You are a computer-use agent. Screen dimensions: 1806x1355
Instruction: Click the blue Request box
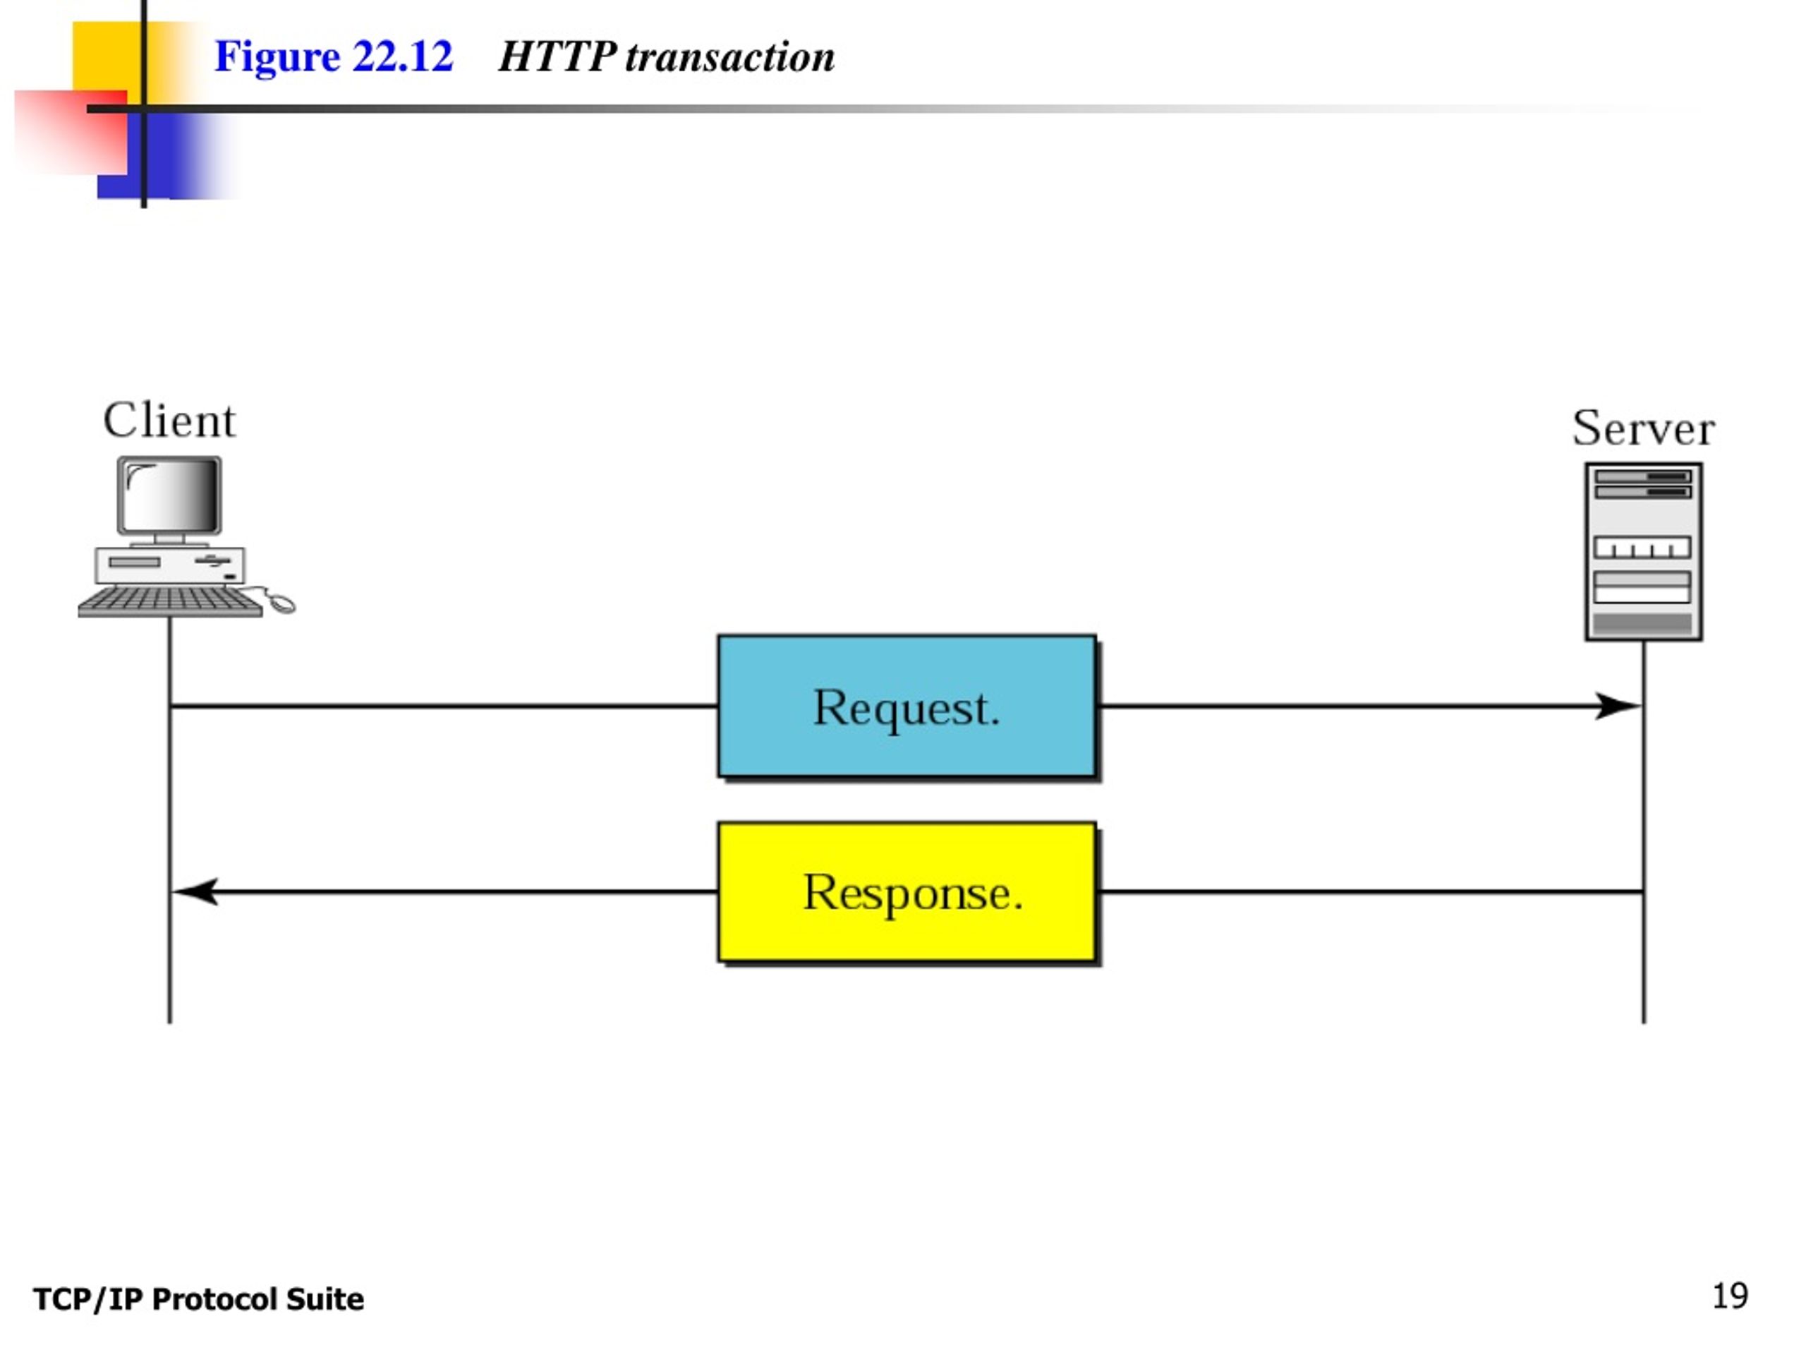(x=907, y=706)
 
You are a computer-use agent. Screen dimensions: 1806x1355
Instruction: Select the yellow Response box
(x=907, y=892)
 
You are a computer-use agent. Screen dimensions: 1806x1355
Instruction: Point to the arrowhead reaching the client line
(x=195, y=891)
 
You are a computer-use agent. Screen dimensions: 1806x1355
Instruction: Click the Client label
(x=169, y=421)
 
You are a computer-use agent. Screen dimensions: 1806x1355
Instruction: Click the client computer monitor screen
(x=170, y=495)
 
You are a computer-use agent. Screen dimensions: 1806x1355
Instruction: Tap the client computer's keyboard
(x=171, y=601)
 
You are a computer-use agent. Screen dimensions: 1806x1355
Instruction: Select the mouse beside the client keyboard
(x=281, y=603)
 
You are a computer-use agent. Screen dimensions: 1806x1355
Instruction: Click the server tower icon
(x=1644, y=551)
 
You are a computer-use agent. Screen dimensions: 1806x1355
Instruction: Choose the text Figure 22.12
(x=333, y=56)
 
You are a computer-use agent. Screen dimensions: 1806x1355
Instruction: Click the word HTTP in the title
(x=557, y=56)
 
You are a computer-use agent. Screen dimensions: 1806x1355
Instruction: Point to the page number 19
(x=1730, y=1296)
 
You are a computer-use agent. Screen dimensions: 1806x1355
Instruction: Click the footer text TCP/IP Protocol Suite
(x=198, y=1299)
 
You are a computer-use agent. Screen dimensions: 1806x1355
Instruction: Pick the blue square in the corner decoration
(x=163, y=155)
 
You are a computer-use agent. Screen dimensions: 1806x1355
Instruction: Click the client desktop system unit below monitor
(x=170, y=565)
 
